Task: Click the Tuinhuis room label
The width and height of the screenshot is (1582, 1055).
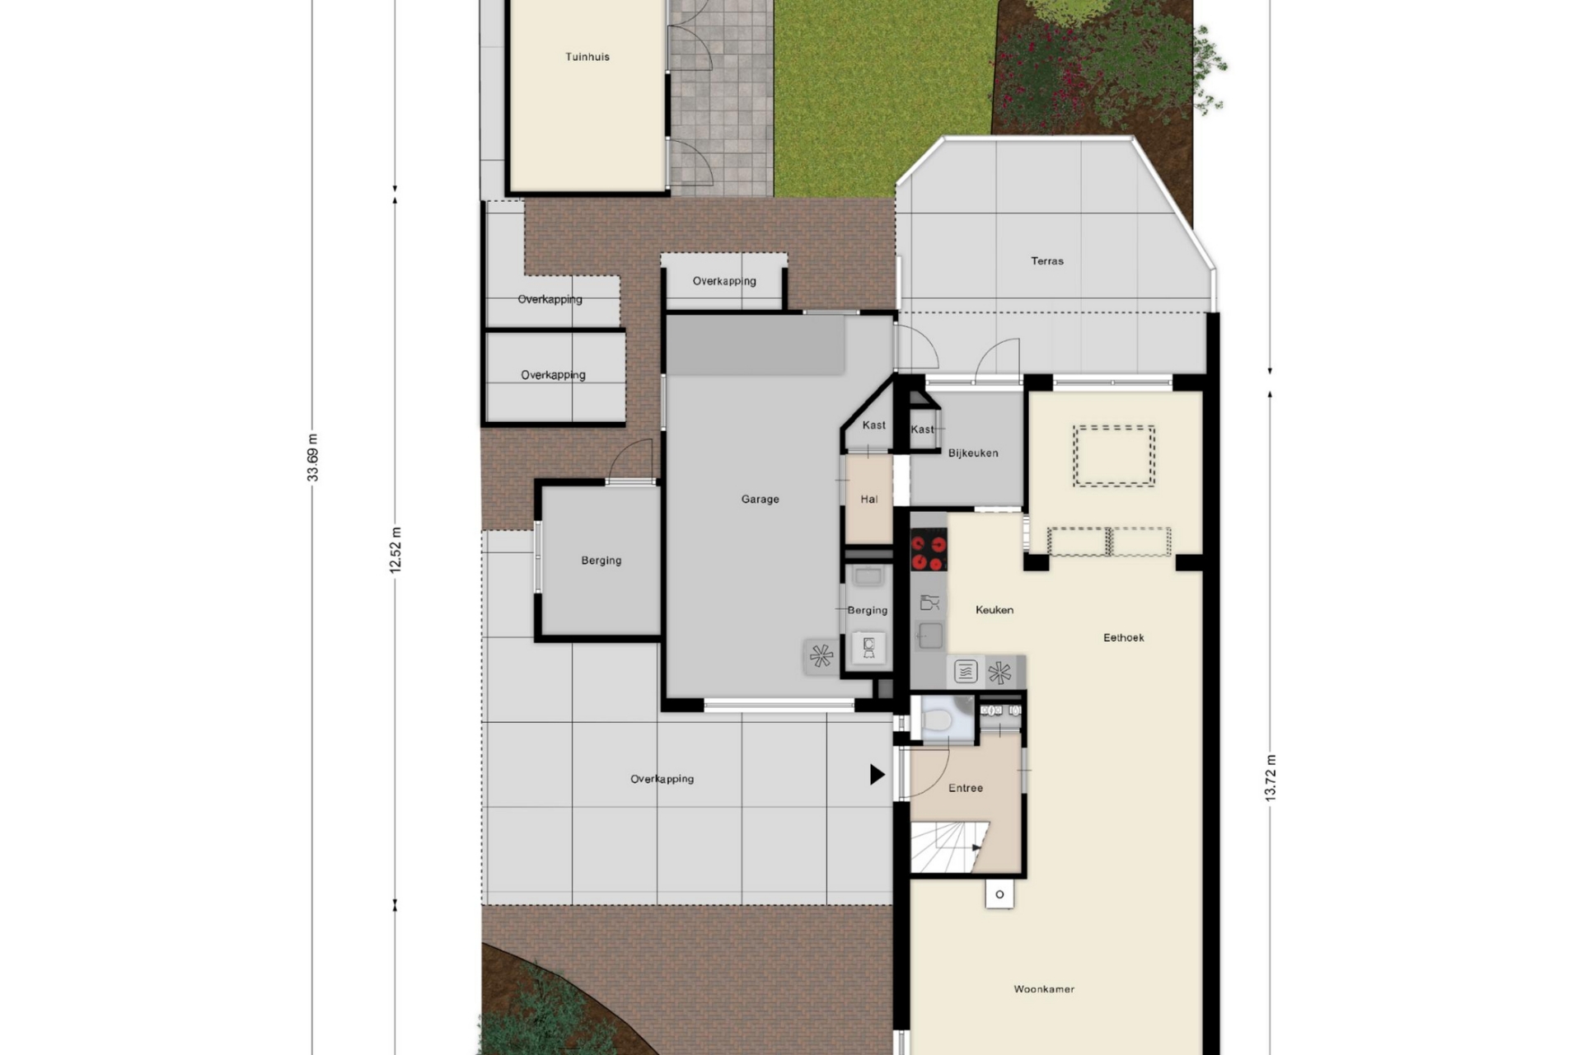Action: click(587, 57)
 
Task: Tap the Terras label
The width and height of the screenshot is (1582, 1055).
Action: click(1047, 261)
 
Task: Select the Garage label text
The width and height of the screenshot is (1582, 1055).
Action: click(760, 499)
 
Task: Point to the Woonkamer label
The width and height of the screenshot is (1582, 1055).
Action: click(1044, 989)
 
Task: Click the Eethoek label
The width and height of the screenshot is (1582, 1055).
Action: click(1124, 638)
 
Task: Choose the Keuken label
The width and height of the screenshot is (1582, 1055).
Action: click(995, 610)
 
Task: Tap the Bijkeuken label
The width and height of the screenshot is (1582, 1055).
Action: click(973, 453)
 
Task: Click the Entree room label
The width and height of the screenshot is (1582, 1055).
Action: click(966, 788)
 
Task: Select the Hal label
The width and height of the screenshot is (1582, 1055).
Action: click(869, 499)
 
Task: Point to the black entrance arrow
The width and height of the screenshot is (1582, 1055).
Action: click(878, 775)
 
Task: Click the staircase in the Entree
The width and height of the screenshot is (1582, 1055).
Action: click(948, 846)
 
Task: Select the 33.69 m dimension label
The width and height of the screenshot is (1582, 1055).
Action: click(312, 457)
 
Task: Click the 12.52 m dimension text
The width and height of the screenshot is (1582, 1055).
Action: click(395, 550)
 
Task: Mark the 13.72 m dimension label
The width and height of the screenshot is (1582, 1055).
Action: click(1270, 778)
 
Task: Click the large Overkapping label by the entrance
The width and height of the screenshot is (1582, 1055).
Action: click(662, 779)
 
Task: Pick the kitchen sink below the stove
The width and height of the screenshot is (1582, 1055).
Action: click(930, 635)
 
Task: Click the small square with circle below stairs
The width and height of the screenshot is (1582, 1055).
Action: click(999, 894)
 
